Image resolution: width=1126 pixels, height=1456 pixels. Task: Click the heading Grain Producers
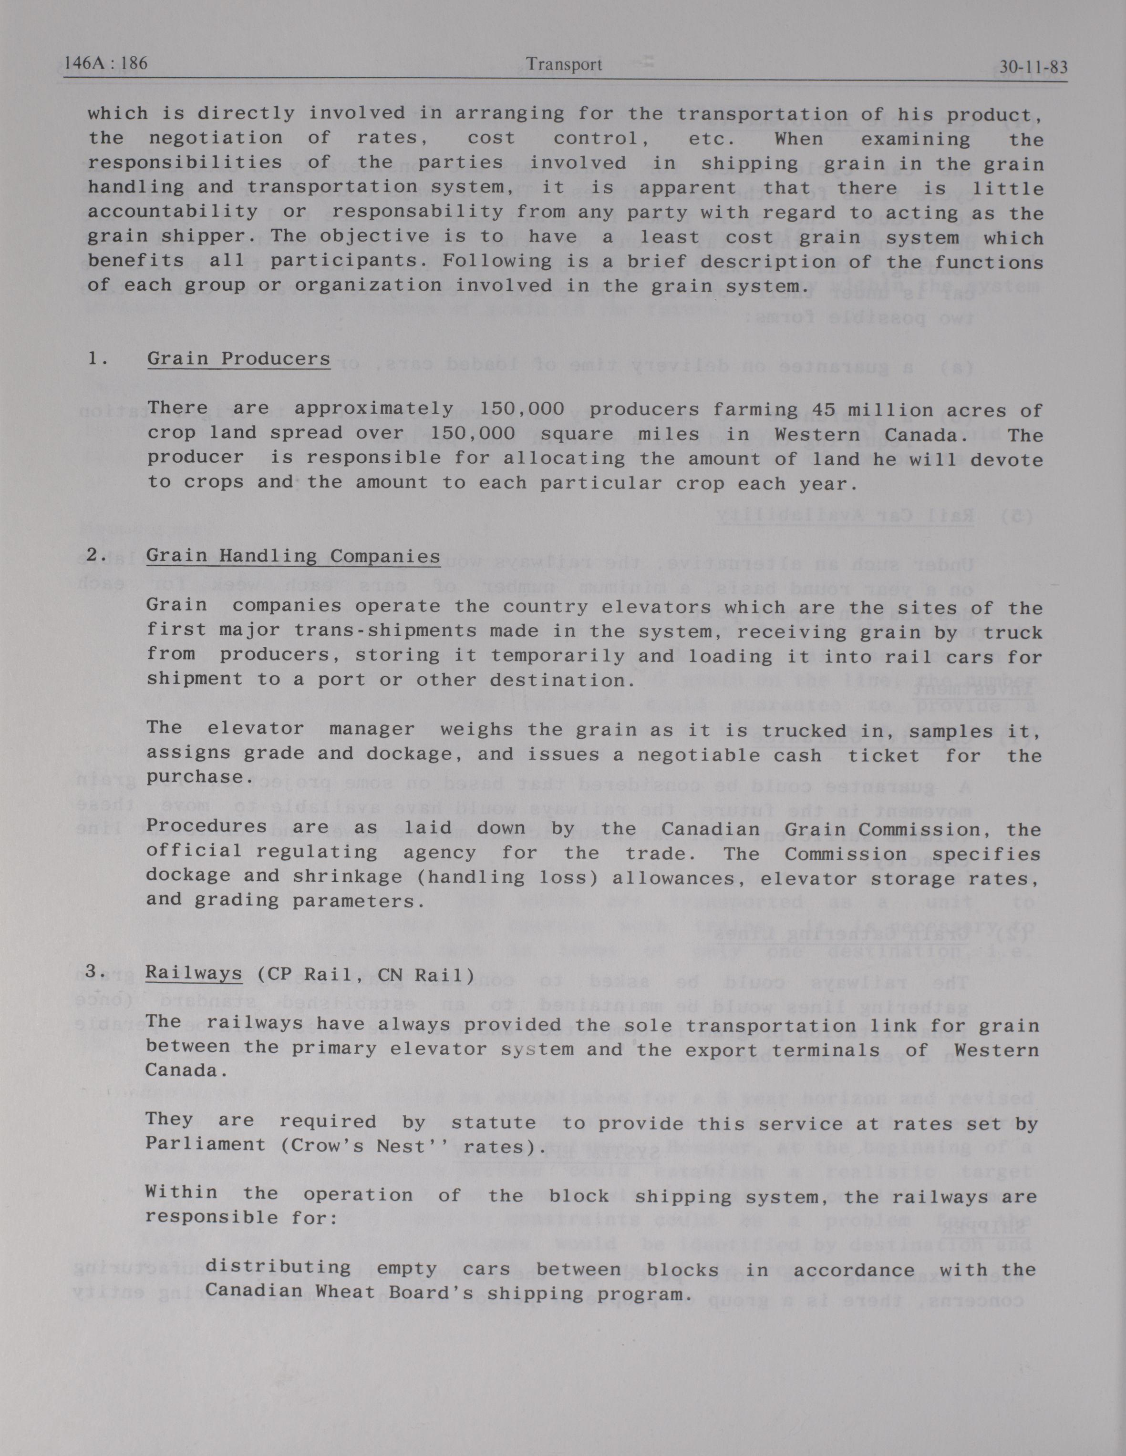238,359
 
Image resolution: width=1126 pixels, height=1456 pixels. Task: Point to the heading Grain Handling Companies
293,556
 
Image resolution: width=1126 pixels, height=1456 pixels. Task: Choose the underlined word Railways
194,974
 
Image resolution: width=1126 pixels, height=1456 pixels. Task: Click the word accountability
173,213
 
